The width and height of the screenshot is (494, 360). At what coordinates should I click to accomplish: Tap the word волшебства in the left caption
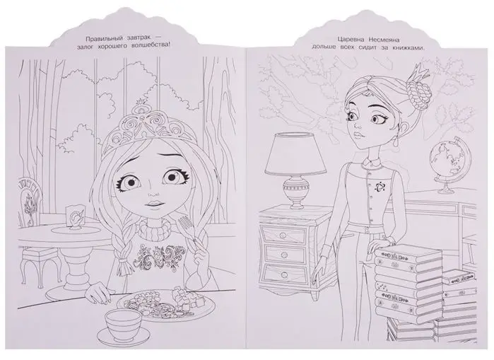150,46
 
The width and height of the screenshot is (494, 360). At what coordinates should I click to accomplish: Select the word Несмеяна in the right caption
384,40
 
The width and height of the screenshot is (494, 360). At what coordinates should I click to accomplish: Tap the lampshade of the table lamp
295,153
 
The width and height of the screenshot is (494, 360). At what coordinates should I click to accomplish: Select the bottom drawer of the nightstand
285,274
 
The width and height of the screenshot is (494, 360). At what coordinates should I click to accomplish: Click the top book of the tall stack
408,255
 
